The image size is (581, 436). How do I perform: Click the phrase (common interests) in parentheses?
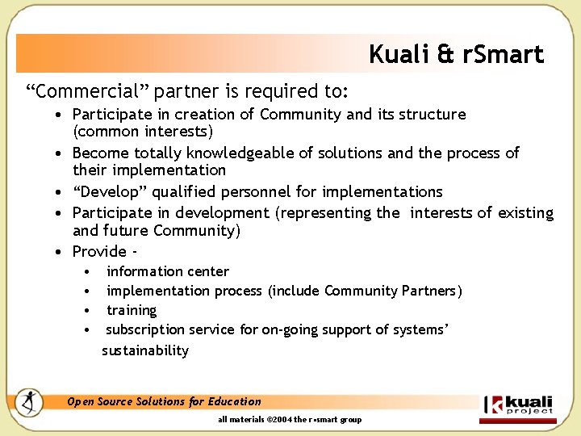[143, 132]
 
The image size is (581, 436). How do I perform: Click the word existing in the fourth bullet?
[525, 212]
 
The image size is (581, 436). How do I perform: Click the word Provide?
[99, 251]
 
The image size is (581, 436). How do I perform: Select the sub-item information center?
[167, 271]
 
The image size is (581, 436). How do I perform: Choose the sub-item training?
[132, 310]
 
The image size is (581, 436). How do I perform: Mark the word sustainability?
[145, 350]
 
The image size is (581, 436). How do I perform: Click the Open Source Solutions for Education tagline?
[164, 401]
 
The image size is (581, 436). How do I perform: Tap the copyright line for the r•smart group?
[290, 419]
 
